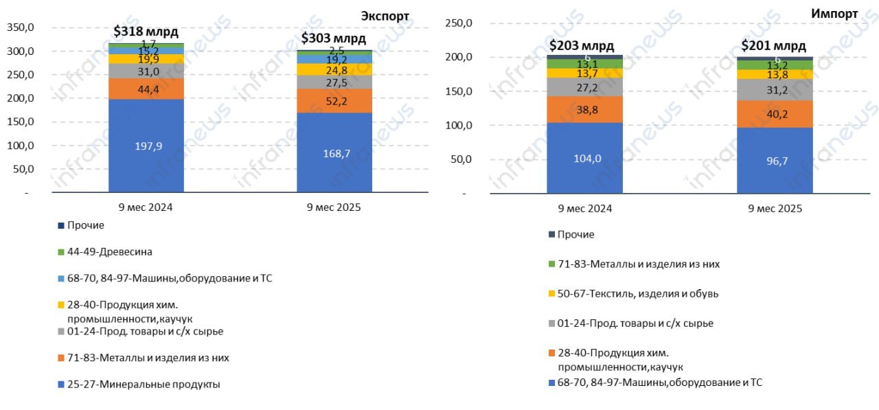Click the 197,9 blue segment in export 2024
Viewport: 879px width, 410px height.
coord(146,146)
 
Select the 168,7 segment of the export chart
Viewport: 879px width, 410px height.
coord(334,153)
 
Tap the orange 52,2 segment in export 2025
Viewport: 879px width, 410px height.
coord(334,101)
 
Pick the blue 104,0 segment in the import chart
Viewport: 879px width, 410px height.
coord(584,158)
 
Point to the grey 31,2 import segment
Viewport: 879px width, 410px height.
coord(775,90)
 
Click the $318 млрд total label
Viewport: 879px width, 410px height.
coord(146,32)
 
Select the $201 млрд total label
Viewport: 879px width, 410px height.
coord(773,46)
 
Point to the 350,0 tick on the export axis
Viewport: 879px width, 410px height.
coord(20,27)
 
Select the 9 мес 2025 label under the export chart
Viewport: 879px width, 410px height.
coord(334,207)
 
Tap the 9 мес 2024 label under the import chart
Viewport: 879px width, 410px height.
coord(584,208)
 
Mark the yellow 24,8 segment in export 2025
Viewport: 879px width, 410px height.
coord(334,69)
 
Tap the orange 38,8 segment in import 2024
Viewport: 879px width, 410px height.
coord(584,110)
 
